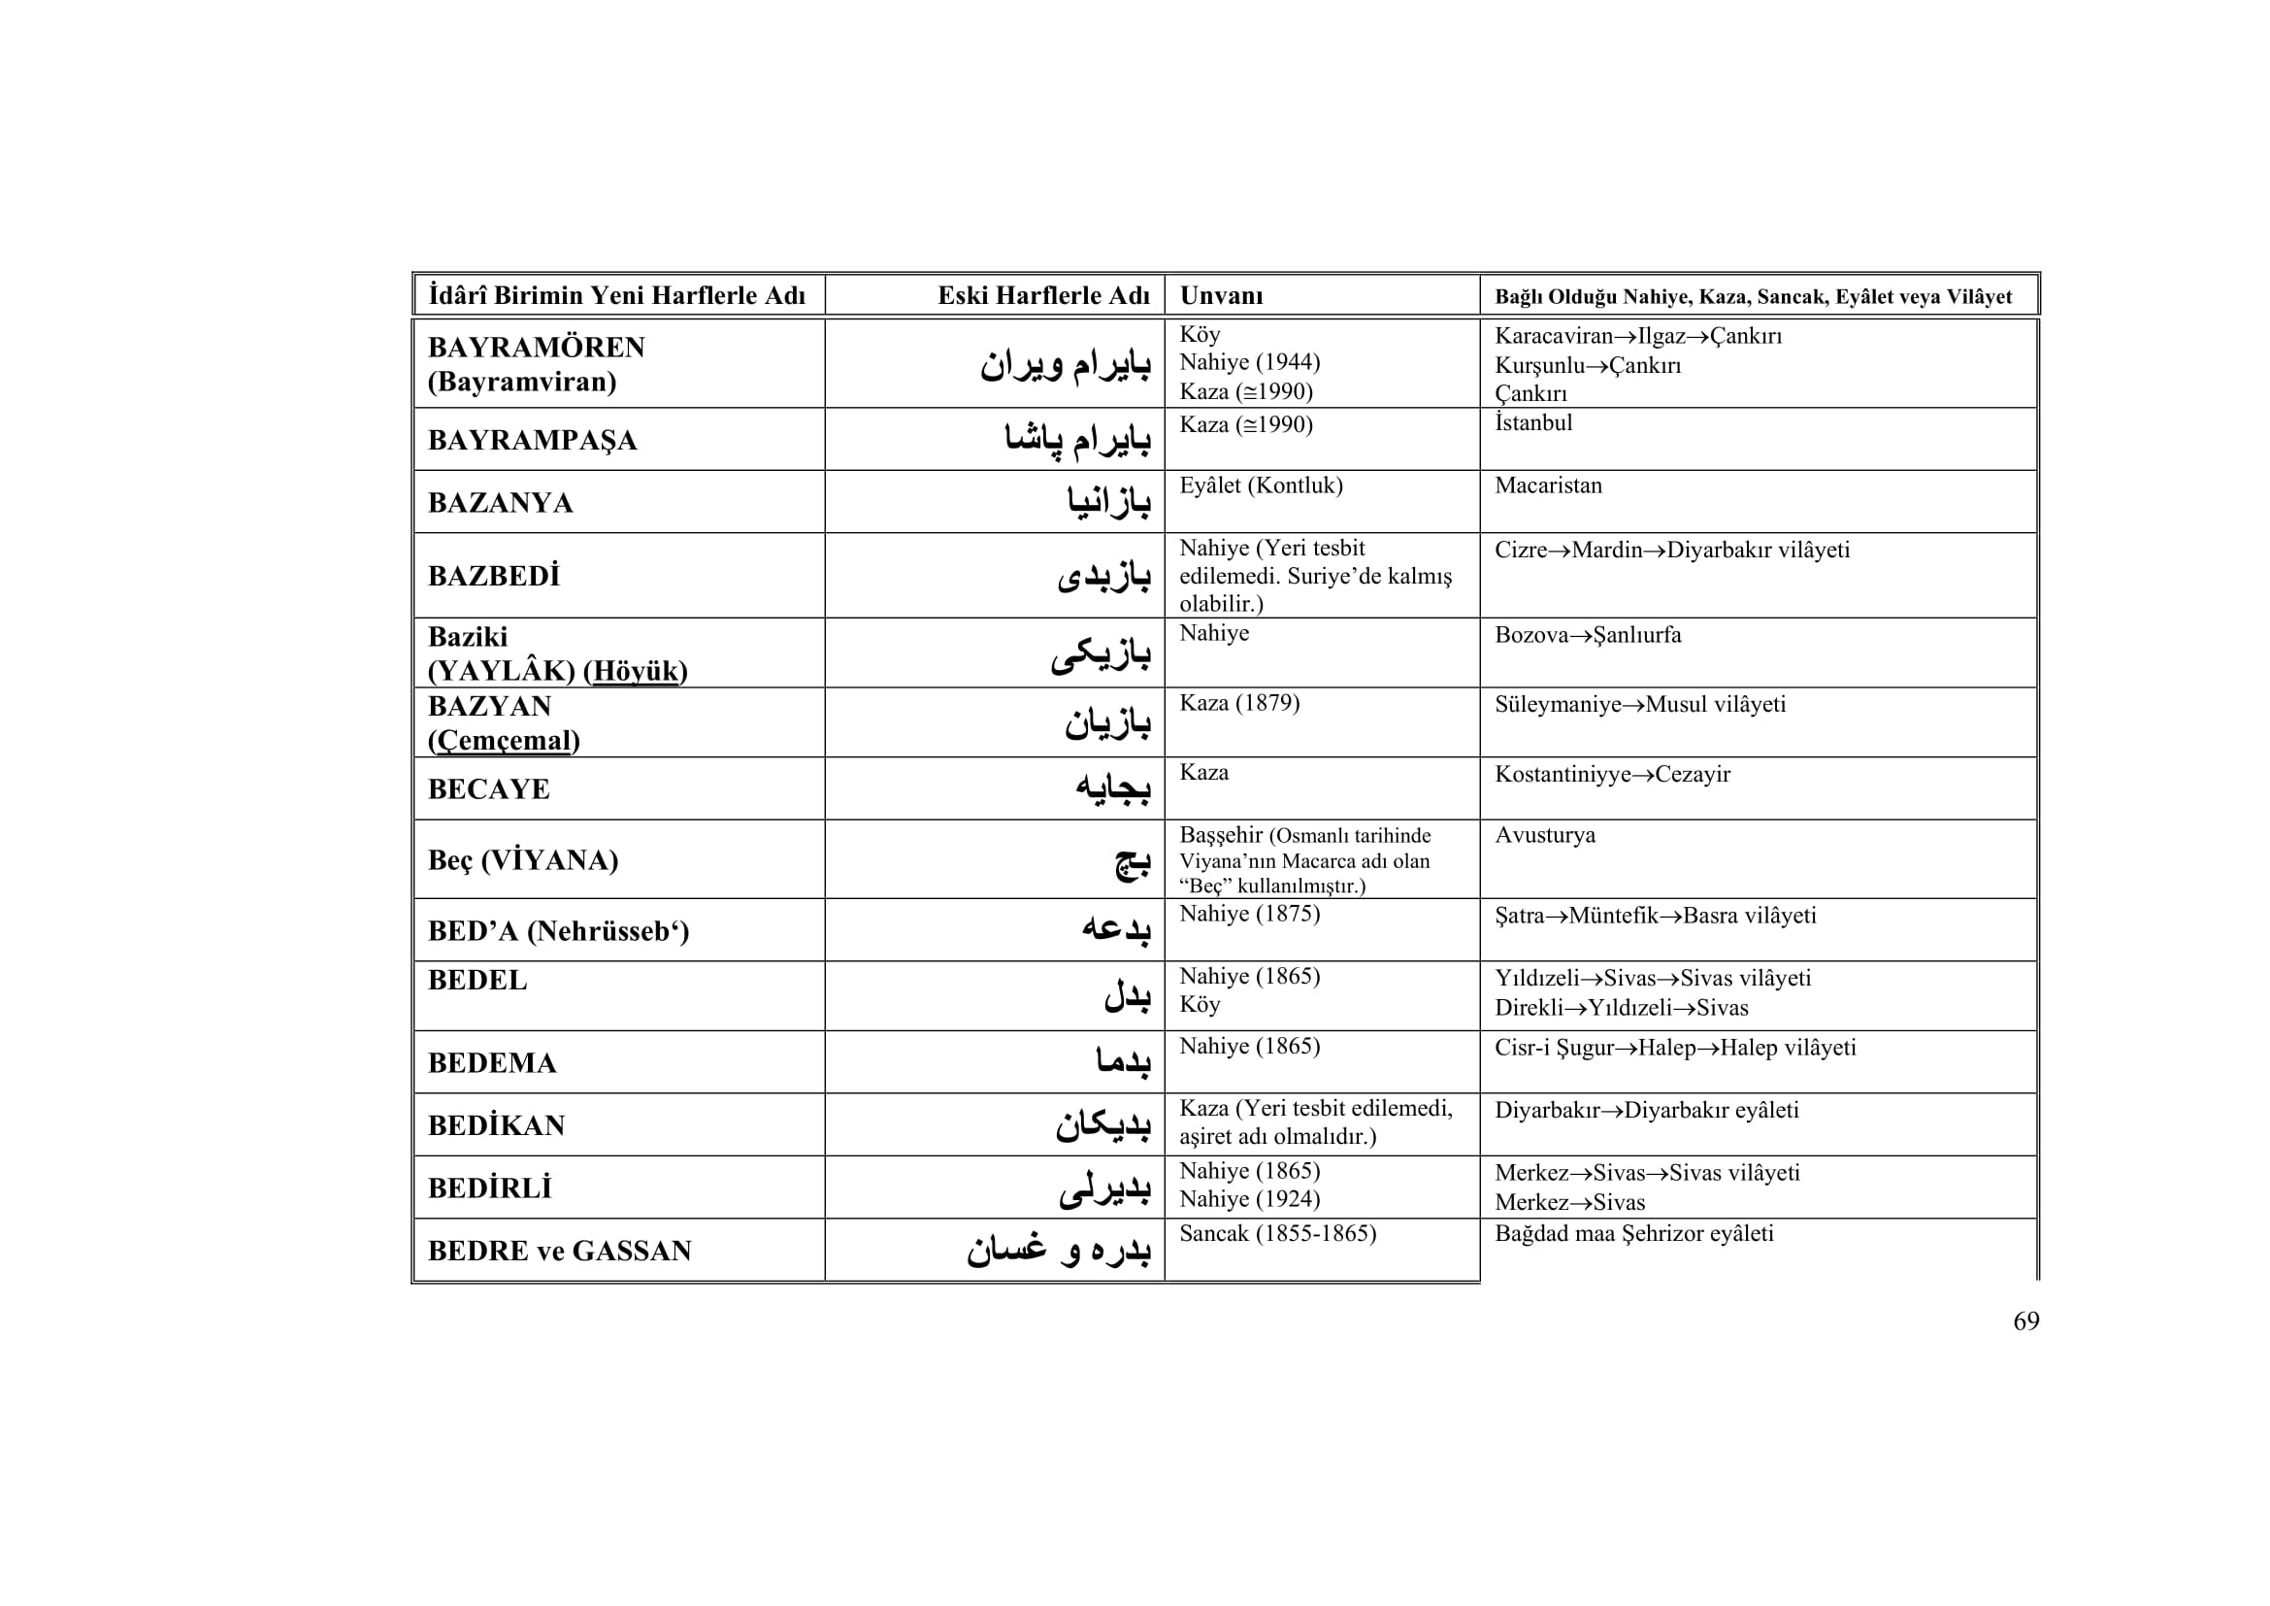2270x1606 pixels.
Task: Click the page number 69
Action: tap(2025, 1322)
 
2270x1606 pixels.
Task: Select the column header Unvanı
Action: tap(1221, 296)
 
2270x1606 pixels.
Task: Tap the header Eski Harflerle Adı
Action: tap(1043, 296)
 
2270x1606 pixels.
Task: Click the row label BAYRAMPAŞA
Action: tap(532, 440)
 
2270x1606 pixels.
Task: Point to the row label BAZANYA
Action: tap(500, 503)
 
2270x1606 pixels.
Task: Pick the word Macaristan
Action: tap(1548, 485)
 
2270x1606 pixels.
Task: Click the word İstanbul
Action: tap(1533, 423)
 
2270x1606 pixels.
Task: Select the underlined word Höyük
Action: tap(636, 672)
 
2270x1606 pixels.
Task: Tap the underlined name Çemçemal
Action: tap(504, 741)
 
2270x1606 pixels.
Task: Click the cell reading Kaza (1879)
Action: tap(1239, 703)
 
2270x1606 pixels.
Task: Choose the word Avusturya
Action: tap(1545, 835)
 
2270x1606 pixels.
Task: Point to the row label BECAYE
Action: tap(488, 789)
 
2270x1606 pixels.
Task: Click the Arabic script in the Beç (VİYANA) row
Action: tap(1132, 862)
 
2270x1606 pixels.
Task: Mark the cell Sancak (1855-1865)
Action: tap(1277, 1233)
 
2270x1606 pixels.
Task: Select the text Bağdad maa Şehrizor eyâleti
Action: tap(1634, 1233)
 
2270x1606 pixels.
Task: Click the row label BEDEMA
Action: tap(492, 1063)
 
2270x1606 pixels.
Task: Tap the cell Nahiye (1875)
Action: tap(1250, 914)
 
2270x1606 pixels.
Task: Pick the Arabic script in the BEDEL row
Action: tap(1127, 996)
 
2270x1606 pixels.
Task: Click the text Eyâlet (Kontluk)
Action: tap(1261, 485)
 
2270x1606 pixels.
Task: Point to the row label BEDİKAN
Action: tap(496, 1125)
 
